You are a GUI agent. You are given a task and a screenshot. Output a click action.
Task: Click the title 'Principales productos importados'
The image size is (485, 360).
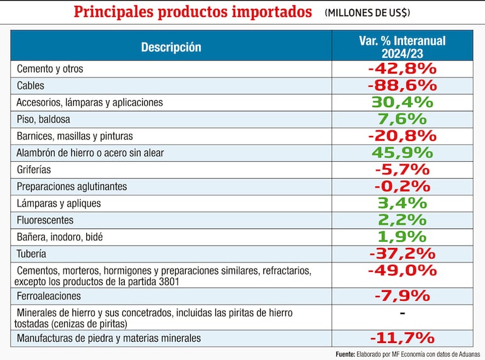click(192, 12)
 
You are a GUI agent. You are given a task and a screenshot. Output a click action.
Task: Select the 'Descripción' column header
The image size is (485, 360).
click(171, 47)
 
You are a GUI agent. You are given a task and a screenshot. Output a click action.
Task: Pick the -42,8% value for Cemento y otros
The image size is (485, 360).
click(402, 68)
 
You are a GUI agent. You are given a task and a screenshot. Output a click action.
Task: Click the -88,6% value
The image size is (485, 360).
click(402, 85)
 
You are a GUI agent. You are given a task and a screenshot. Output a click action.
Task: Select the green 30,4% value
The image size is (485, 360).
click(402, 102)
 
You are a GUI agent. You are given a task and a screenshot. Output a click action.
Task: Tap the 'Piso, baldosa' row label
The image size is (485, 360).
click(43, 119)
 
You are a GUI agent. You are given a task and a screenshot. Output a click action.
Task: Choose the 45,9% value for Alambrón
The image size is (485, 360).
click(402, 152)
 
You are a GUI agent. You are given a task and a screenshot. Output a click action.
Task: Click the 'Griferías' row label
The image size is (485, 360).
click(34, 169)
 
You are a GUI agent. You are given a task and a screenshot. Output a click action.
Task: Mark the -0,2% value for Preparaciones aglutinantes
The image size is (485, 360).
click(402, 186)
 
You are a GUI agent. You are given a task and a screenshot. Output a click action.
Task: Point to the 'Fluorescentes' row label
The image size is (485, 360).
click(45, 220)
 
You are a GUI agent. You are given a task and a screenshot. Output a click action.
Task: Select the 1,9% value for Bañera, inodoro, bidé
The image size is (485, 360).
click(402, 237)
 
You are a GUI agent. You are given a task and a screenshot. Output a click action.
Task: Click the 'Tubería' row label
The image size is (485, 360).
click(31, 254)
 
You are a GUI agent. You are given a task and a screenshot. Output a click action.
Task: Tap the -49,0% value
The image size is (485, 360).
click(402, 271)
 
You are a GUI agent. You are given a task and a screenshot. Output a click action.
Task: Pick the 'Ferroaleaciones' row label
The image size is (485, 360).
click(48, 296)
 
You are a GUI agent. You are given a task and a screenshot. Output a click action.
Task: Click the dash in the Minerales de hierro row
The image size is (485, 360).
click(402, 313)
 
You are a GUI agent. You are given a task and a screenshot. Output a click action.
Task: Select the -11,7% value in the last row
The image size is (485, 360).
click(402, 338)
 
